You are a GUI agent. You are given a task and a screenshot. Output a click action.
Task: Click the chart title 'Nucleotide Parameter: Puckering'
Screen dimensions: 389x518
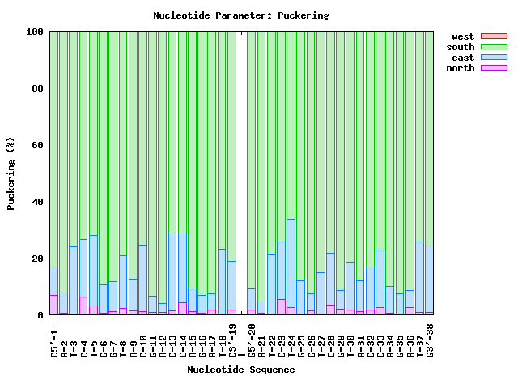click(241, 15)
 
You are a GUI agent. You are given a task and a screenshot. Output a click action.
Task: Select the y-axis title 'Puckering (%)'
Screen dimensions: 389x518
click(11, 173)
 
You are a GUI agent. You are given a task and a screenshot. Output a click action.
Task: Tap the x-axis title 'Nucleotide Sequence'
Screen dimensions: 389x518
click(241, 370)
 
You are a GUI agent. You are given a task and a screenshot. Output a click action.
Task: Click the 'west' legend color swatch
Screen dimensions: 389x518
click(494, 36)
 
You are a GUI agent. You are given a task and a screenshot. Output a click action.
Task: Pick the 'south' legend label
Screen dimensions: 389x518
click(461, 47)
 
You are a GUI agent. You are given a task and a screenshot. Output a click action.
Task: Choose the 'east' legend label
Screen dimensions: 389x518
click(463, 58)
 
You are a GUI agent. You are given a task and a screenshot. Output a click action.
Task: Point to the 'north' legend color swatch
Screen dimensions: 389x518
click(494, 68)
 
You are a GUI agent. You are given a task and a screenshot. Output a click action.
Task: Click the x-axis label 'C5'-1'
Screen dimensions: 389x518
click(54, 339)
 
